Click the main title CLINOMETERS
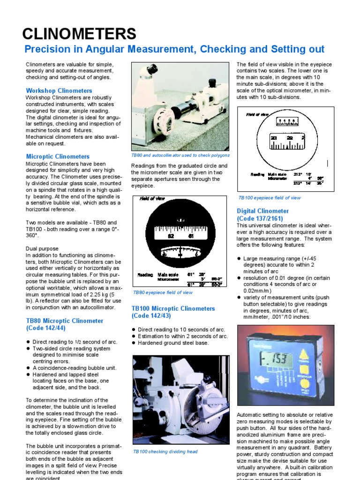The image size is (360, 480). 80,34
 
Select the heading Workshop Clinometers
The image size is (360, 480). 59,90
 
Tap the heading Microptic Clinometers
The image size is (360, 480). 58,157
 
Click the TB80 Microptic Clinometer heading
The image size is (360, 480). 64,324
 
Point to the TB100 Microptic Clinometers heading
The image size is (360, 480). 173,312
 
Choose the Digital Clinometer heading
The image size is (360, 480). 262,215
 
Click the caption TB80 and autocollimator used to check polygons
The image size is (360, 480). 180,155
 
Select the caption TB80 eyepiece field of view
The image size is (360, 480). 163,292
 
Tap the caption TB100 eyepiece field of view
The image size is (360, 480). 270,198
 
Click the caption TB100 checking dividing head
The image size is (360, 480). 165,451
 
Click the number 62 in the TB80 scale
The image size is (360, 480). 171,236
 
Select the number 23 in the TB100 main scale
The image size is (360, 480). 274,138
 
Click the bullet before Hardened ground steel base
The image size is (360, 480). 134,343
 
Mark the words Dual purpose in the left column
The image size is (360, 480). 42,248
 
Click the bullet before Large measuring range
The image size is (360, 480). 239,258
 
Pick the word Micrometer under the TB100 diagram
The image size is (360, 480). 277,179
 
